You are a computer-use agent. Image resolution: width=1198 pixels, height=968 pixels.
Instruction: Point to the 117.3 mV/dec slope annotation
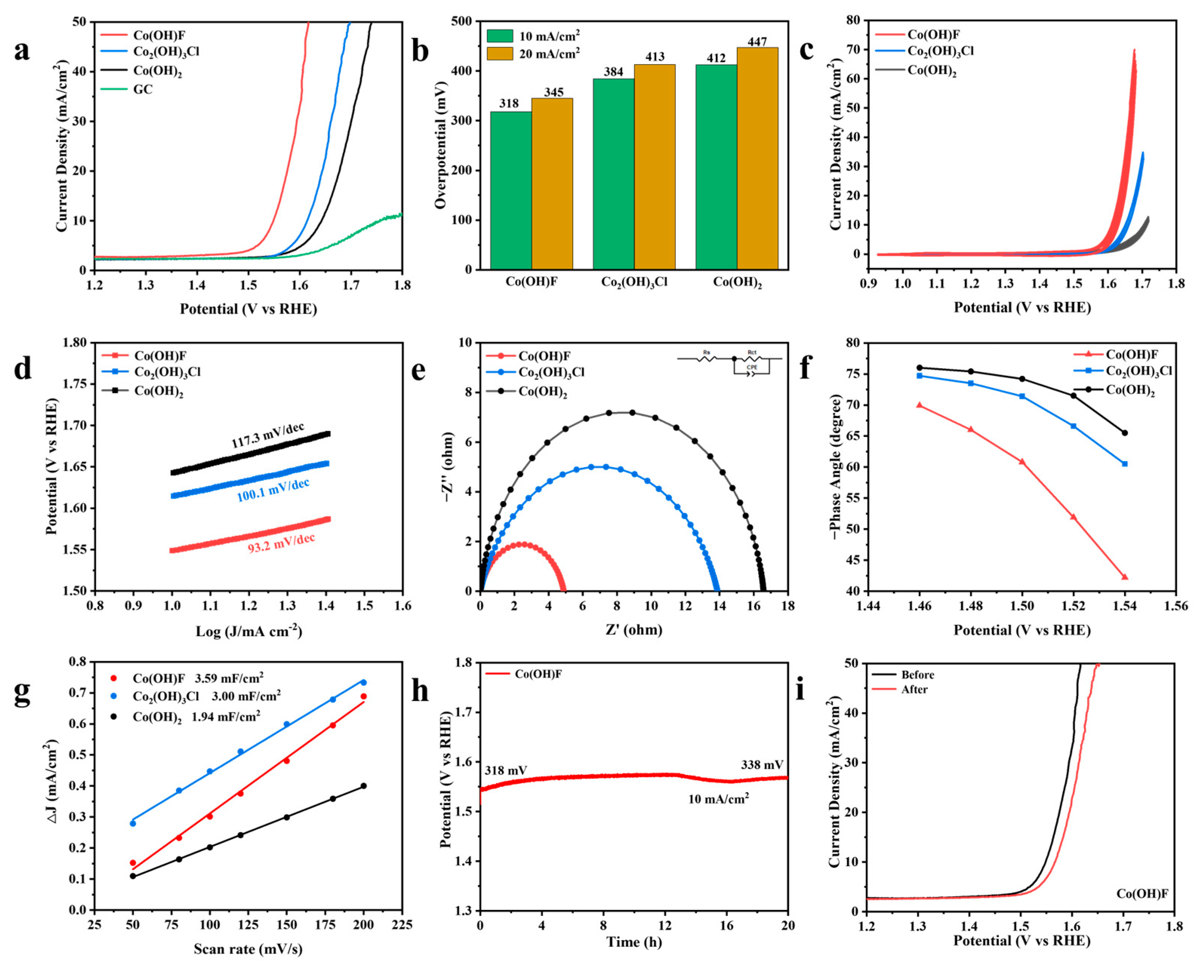pyautogui.click(x=268, y=435)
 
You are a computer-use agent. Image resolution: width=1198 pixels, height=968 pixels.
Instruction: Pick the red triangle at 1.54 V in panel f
pyautogui.click(x=1124, y=577)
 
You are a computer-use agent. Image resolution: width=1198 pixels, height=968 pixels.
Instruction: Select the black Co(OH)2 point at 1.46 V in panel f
pyautogui.click(x=920, y=367)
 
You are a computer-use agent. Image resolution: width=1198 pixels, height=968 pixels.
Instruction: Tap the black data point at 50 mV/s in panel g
pyautogui.click(x=133, y=876)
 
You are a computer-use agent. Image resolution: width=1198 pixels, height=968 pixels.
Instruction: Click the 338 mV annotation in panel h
pyautogui.click(x=762, y=764)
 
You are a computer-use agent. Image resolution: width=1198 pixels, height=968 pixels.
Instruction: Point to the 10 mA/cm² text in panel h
pyautogui.click(x=718, y=798)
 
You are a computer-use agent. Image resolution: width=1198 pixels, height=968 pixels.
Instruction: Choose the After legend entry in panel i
pyautogui.click(x=914, y=689)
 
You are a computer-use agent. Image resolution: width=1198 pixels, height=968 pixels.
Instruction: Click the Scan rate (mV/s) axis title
pyautogui.click(x=248, y=948)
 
